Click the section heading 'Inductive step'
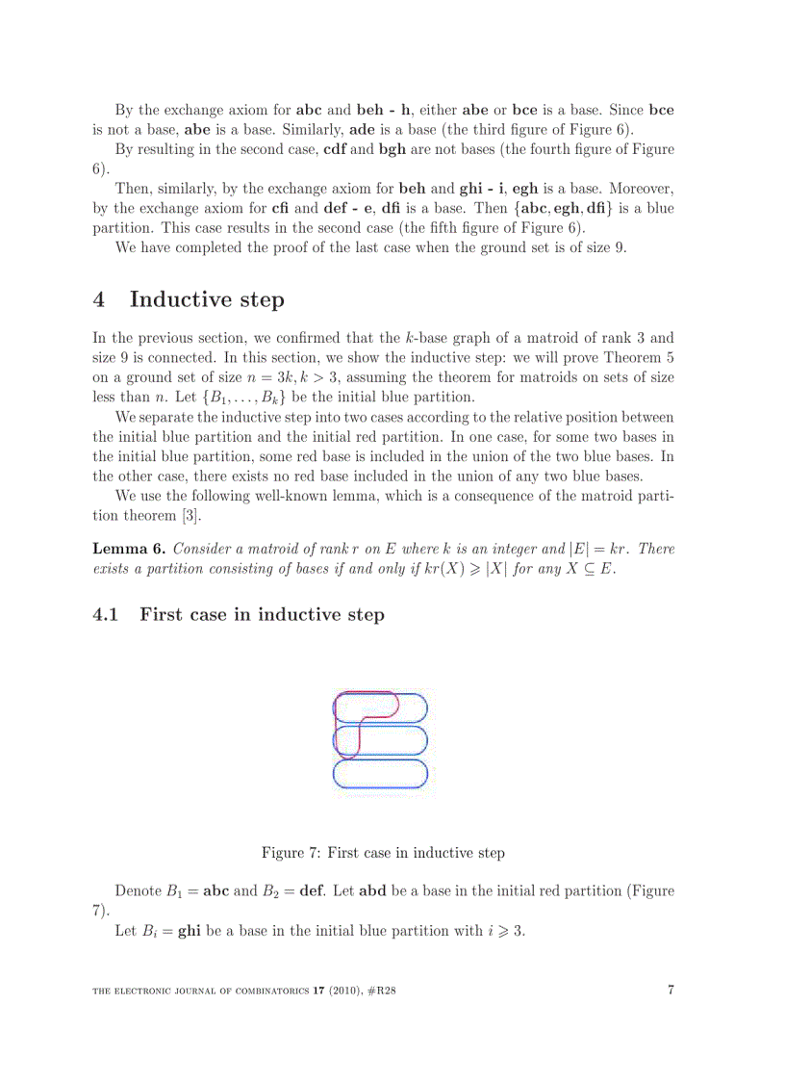(206, 299)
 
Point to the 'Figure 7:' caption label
(291, 853)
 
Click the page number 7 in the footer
(670, 991)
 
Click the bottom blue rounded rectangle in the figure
(380, 773)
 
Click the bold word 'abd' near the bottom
(376, 890)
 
